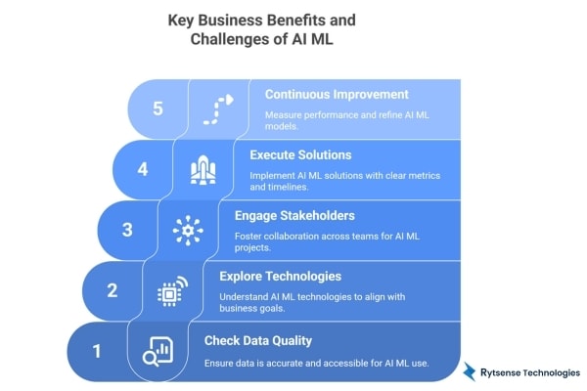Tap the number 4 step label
click(x=143, y=168)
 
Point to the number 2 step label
click(x=112, y=289)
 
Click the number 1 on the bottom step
click(x=96, y=349)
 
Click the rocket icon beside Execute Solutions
click(x=202, y=170)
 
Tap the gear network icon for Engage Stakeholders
click(x=188, y=230)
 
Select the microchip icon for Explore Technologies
click(x=172, y=290)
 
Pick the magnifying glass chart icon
click(x=157, y=351)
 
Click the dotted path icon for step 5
click(x=217, y=109)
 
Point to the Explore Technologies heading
click(x=280, y=276)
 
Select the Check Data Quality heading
click(x=258, y=339)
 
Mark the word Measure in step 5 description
click(x=284, y=114)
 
